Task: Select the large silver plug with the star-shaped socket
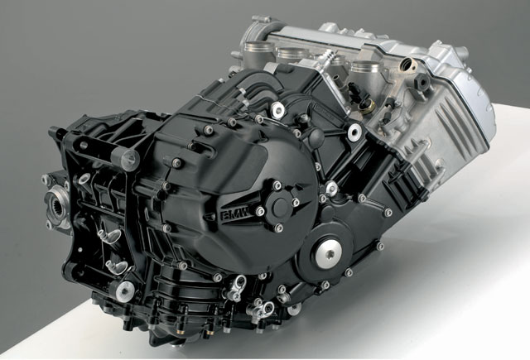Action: pos(329,254)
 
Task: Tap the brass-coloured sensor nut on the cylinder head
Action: pos(367,107)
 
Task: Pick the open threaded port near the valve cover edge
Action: pos(408,65)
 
